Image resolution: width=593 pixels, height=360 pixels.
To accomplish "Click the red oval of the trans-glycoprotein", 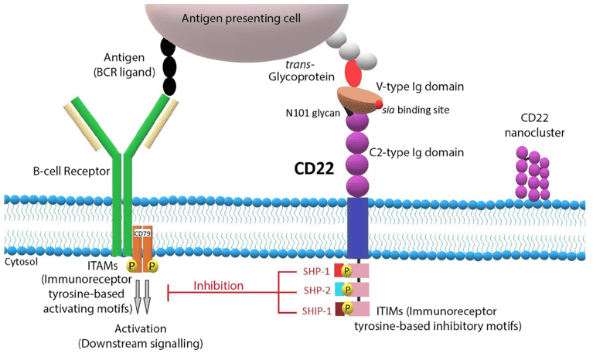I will [353, 74].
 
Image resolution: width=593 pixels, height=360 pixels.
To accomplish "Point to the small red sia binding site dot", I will [379, 104].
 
